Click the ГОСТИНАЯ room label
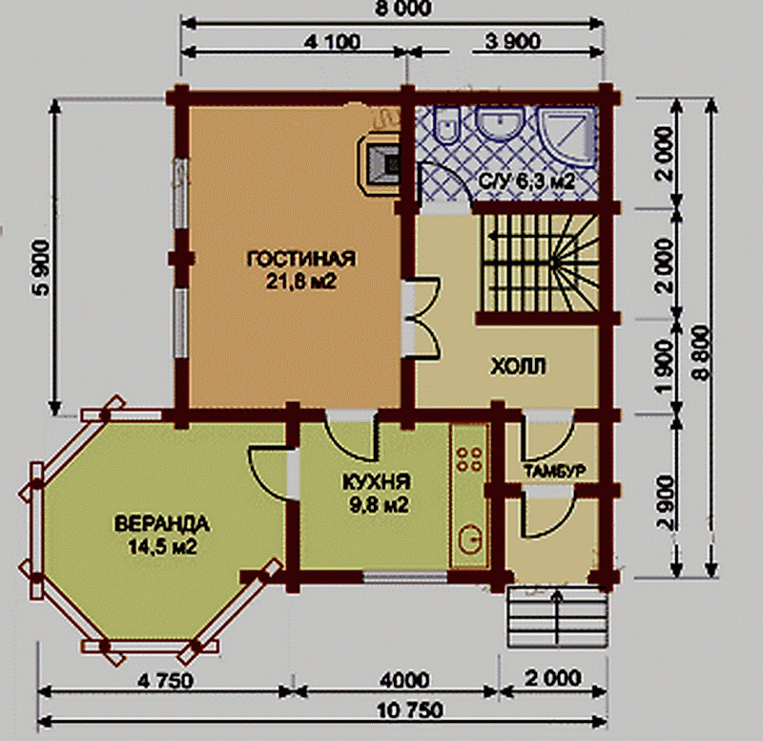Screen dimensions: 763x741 click(x=301, y=259)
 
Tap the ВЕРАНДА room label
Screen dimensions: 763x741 click(x=162, y=523)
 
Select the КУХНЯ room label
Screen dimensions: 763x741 click(x=377, y=482)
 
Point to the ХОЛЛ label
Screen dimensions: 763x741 click(x=518, y=366)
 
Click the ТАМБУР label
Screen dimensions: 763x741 click(x=554, y=471)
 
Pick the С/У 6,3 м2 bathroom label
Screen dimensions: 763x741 click(x=526, y=181)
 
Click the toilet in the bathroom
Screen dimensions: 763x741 click(x=446, y=126)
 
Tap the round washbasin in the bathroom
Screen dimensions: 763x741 click(x=500, y=123)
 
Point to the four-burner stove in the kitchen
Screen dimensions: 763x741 click(x=469, y=459)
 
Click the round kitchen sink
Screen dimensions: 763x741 click(x=470, y=540)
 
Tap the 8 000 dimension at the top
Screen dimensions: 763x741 click(x=403, y=9)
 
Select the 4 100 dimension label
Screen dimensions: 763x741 click(x=332, y=42)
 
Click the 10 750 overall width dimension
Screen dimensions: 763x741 click(x=410, y=709)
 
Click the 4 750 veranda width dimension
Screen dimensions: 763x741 click(x=165, y=681)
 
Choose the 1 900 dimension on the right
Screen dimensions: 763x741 click(x=665, y=367)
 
